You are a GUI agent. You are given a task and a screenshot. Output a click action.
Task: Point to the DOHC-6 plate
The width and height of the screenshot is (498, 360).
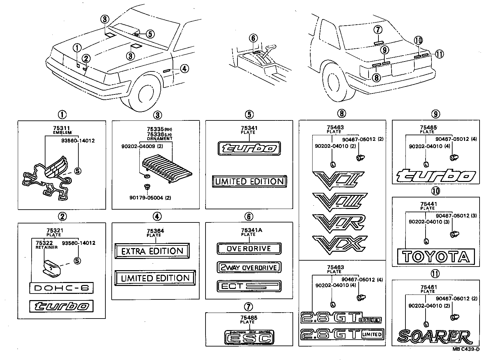tap(61, 288)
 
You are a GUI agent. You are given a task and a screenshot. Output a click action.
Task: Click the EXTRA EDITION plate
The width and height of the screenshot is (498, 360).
tap(152, 251)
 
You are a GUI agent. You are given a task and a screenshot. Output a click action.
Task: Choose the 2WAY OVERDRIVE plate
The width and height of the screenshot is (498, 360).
tap(249, 268)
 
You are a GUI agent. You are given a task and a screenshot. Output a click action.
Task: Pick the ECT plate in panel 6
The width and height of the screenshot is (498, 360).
tap(249, 286)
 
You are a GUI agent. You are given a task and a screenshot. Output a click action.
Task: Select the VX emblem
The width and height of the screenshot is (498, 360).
tap(339, 245)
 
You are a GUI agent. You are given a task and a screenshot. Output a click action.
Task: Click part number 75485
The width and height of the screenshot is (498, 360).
tap(249, 318)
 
